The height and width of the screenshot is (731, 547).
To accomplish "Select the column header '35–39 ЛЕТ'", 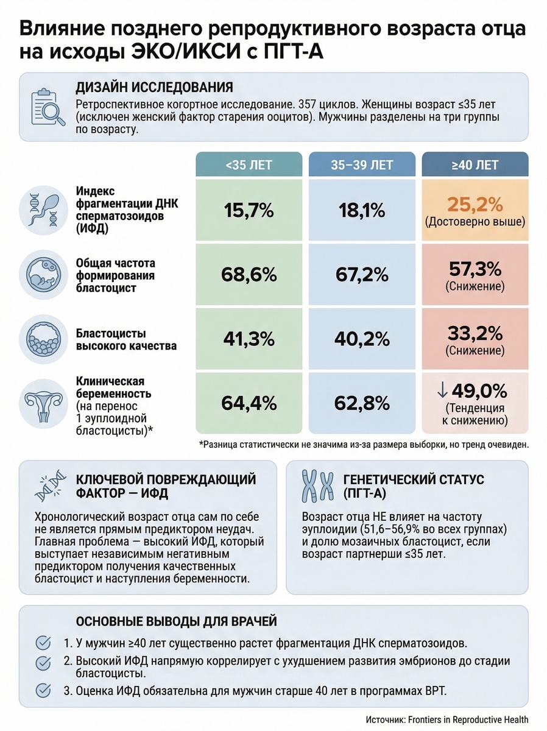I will point(362,165).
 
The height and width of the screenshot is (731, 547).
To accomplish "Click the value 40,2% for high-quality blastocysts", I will point(362,339).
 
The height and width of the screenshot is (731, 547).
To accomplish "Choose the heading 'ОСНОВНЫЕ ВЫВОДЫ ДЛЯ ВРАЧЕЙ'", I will point(176,621).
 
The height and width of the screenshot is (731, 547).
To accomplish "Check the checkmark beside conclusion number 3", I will point(43,690).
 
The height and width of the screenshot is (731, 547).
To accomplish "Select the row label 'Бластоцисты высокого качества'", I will point(127,340).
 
